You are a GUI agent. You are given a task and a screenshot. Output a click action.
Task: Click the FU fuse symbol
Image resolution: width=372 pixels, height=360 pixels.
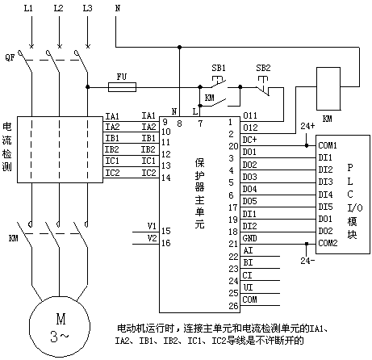[122, 87]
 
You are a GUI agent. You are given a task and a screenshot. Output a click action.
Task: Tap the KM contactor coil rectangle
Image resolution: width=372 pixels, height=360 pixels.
[328, 89]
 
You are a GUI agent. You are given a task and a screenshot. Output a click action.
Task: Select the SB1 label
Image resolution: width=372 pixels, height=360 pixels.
[219, 68]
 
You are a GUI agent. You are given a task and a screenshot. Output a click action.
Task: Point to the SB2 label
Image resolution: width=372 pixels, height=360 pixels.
[263, 68]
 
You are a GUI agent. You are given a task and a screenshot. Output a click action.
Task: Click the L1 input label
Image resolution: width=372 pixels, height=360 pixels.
[28, 8]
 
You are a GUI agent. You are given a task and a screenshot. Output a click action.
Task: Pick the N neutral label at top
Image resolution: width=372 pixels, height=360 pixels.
[118, 8]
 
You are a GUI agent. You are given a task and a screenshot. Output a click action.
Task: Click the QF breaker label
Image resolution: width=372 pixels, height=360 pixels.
[10, 57]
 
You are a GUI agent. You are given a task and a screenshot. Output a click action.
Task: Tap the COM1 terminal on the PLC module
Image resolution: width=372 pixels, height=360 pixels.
[328, 145]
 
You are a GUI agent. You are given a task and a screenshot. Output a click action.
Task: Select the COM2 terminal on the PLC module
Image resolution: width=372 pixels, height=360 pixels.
[328, 243]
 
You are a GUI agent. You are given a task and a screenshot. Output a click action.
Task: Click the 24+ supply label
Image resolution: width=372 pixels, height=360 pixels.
[307, 126]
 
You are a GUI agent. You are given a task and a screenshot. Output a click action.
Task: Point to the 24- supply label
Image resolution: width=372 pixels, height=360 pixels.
[307, 261]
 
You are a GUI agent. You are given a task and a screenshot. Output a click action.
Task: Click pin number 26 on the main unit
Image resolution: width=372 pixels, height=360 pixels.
[233, 306]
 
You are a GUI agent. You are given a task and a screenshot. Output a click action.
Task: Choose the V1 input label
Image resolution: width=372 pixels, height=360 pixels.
[152, 226]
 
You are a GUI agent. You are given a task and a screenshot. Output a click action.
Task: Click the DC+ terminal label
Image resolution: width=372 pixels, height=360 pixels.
[249, 140]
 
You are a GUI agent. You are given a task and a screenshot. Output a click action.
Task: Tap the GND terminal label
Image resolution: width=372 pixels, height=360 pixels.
[249, 238]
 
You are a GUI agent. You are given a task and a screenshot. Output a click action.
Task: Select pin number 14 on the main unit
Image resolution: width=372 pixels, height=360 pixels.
[166, 178]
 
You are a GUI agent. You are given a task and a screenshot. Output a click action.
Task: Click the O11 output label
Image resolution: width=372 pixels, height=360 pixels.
[250, 115]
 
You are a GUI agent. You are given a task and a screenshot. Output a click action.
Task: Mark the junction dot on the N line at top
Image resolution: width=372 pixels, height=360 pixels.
[179, 48]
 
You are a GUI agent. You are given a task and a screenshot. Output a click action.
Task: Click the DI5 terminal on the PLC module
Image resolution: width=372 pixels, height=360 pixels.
[325, 207]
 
